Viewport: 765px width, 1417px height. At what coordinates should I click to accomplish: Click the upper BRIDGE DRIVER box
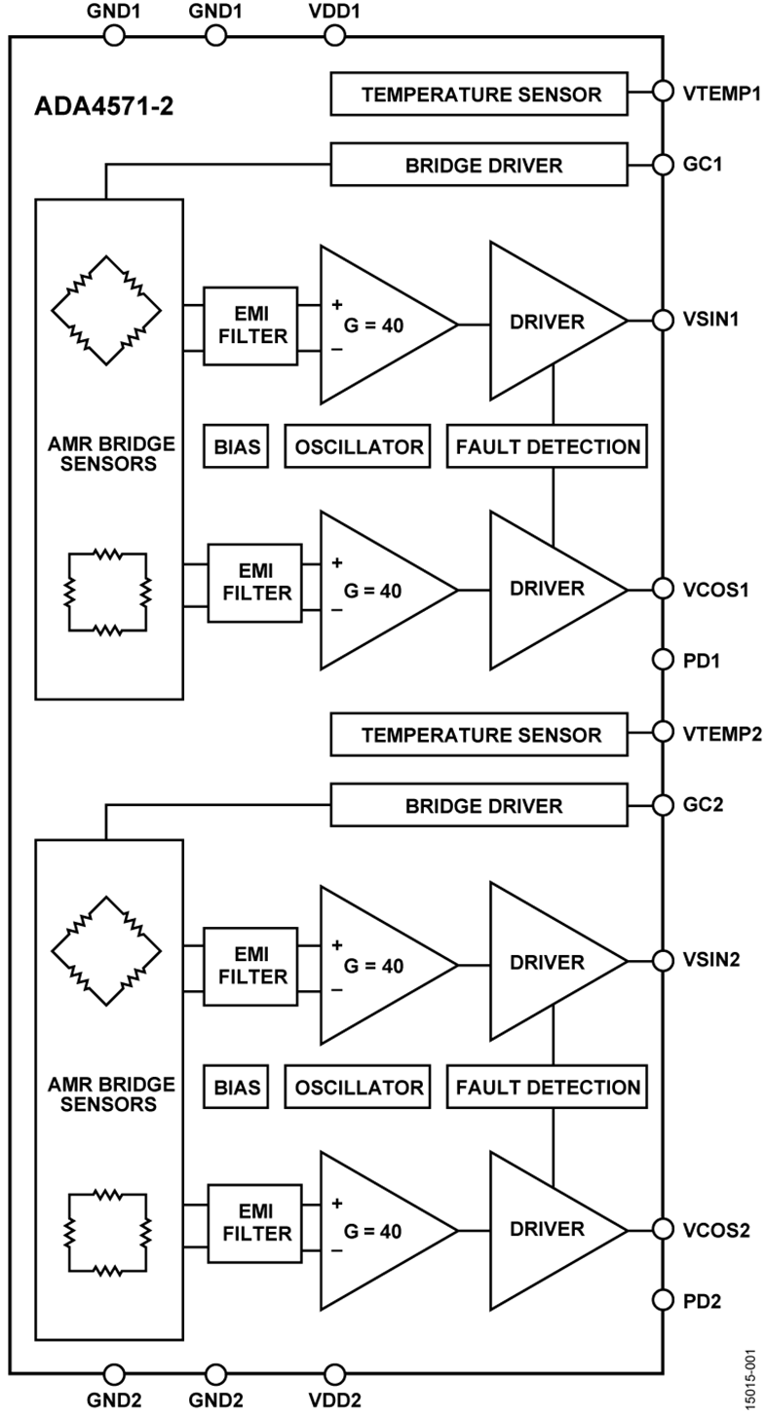pyautogui.click(x=478, y=165)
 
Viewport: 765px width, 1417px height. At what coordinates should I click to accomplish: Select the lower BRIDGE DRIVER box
pyautogui.click(x=478, y=805)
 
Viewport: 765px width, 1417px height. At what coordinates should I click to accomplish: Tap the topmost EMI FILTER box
pyautogui.click(x=250, y=326)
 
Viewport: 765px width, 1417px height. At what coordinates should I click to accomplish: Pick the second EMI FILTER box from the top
pyautogui.click(x=254, y=583)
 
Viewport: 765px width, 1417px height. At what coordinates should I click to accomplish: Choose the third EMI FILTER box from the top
pyautogui.click(x=250, y=966)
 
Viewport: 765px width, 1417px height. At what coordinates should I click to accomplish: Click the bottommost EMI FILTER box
pyautogui.click(x=254, y=1223)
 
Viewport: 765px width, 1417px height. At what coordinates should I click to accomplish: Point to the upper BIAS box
pyautogui.click(x=236, y=446)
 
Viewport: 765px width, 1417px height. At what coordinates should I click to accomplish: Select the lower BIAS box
pyautogui.click(x=236, y=1087)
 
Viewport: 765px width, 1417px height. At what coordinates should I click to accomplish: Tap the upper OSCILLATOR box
pyautogui.click(x=358, y=446)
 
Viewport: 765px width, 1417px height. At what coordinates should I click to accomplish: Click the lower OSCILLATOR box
pyautogui.click(x=358, y=1087)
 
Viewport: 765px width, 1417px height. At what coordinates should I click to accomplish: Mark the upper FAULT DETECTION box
pyautogui.click(x=547, y=446)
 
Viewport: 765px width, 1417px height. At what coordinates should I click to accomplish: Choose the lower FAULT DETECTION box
pyautogui.click(x=547, y=1087)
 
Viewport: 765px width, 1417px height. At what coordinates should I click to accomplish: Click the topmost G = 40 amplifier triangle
pyautogui.click(x=380, y=325)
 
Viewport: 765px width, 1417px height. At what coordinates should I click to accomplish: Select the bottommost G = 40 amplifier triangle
pyautogui.click(x=380, y=1231)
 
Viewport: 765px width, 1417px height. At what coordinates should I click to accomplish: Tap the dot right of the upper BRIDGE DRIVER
pyautogui.click(x=663, y=165)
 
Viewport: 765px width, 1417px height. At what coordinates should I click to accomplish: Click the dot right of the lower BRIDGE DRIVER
pyautogui.click(x=663, y=805)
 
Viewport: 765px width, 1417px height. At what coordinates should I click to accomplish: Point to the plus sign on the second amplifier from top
pyautogui.click(x=337, y=562)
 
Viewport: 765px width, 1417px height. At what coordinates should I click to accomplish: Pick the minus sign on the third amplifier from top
pyautogui.click(x=337, y=989)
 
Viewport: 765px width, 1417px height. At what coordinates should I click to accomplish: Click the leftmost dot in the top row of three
pyautogui.click(x=114, y=36)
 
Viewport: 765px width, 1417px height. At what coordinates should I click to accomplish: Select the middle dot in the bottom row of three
pyautogui.click(x=216, y=1374)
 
